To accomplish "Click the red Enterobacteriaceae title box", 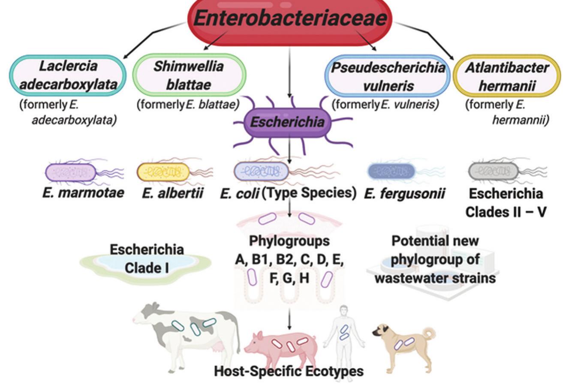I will coord(290,19).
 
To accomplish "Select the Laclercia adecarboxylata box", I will coord(68,75).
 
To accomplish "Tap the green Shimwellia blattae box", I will coord(189,75).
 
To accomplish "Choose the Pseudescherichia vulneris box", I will coord(387,76).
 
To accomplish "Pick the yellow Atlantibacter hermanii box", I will coord(507,76).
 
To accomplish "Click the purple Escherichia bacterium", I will coord(288,122).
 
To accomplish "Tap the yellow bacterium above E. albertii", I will coord(163,172).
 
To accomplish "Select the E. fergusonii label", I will coord(404,194).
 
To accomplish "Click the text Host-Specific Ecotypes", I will coord(289,371).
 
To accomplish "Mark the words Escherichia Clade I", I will coord(147,259).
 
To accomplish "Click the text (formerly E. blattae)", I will coord(188,104).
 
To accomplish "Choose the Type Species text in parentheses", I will coord(309,193).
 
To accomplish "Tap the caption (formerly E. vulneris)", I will coord(385,104).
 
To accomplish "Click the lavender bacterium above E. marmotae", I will coord(71,172).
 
